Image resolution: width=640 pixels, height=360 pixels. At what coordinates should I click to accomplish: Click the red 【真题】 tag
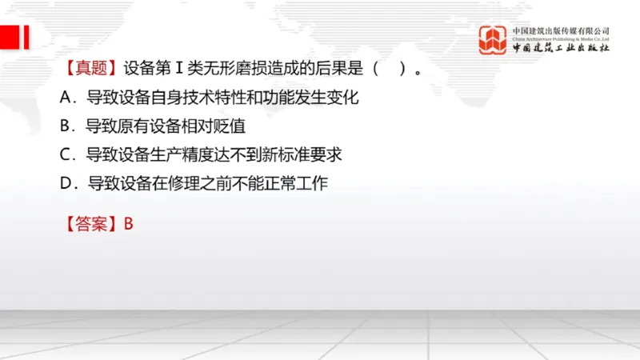coord(93,69)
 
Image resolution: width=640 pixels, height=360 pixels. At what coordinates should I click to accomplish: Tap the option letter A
coord(67,98)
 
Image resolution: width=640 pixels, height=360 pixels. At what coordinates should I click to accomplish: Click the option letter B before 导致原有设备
coord(66,126)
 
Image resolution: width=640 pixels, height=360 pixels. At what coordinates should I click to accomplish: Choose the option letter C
coord(66,154)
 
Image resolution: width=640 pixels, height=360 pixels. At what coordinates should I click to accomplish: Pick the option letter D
coord(67,182)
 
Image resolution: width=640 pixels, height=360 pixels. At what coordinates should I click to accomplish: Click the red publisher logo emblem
coord(493,40)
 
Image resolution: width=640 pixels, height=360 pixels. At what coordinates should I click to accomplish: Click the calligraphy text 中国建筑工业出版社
coord(560,49)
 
